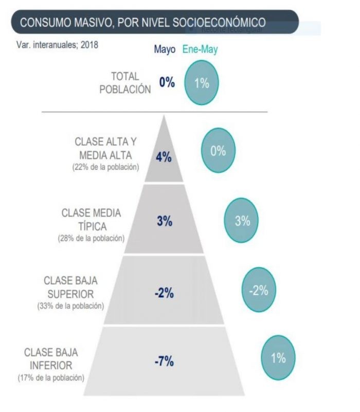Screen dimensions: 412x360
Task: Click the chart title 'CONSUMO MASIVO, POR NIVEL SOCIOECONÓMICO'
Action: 142,23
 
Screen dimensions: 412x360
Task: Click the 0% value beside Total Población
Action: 167,82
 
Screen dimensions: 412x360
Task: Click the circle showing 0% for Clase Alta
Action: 218,151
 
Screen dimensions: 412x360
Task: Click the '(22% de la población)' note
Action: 106,168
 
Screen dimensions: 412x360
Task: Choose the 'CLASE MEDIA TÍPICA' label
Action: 92,220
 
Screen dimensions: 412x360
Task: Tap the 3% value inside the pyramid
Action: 165,222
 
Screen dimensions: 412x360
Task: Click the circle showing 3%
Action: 242,222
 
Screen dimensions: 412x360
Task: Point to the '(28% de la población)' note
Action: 92,239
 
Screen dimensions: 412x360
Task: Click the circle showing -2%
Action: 258,291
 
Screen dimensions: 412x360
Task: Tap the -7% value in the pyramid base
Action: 164,362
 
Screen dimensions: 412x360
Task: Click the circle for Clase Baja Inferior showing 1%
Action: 278,359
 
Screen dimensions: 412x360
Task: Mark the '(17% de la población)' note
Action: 50,378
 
